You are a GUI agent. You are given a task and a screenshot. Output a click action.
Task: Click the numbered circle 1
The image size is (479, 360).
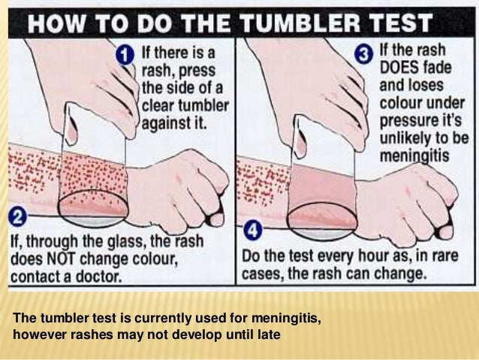(127, 54)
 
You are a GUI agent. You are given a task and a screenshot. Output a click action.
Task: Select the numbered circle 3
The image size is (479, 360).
(363, 54)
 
